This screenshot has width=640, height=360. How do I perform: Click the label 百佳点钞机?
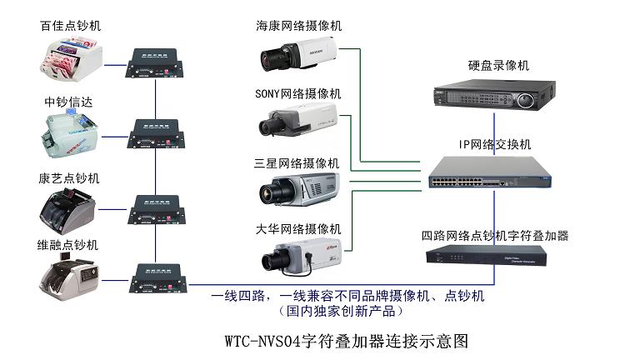(x=71, y=27)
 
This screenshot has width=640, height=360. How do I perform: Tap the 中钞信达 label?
(x=68, y=102)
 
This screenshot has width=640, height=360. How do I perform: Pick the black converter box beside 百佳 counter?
(x=156, y=62)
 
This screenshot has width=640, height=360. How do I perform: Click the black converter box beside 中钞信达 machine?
(x=156, y=133)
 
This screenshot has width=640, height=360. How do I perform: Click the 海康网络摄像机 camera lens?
(x=273, y=58)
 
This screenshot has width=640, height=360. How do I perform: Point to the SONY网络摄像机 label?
(x=297, y=93)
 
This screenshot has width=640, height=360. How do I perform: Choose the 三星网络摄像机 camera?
(x=298, y=188)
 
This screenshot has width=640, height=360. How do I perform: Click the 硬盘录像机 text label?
(x=497, y=65)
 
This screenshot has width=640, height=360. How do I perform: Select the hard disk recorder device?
(x=494, y=95)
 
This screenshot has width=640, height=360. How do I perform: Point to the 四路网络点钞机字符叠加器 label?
(x=495, y=236)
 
